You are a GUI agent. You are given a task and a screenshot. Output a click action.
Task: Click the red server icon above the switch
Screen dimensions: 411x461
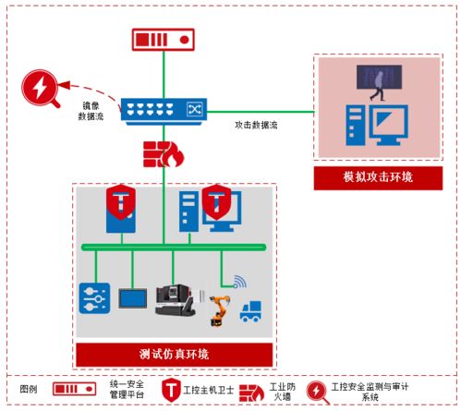point(163,40)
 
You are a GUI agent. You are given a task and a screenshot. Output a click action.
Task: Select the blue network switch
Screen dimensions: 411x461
point(163,108)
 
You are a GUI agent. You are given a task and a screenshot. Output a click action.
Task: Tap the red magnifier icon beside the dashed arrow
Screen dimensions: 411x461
point(40,90)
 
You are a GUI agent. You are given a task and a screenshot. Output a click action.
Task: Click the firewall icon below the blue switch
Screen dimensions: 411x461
point(163,153)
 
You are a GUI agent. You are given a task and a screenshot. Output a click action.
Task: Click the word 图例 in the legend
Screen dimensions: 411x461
point(30,389)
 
